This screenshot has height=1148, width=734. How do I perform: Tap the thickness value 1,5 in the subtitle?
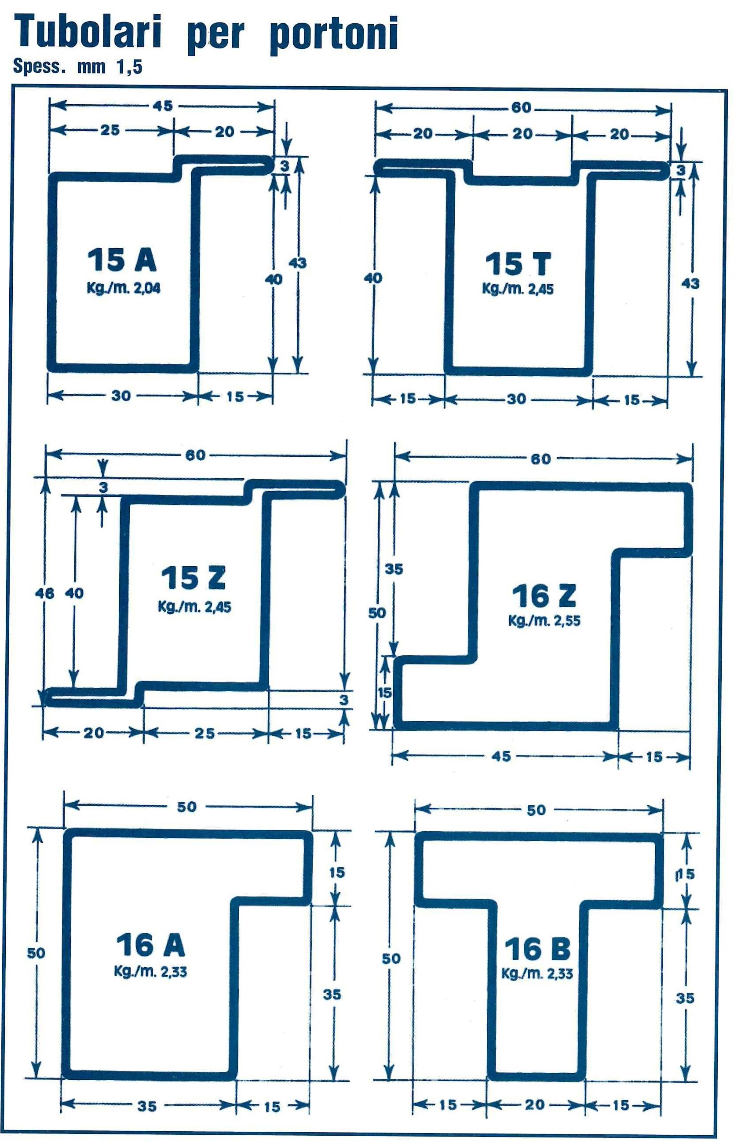tap(129, 67)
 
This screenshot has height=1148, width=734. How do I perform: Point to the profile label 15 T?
tap(518, 264)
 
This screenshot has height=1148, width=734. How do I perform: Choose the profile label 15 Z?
tap(193, 578)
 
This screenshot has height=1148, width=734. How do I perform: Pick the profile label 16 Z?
tap(544, 596)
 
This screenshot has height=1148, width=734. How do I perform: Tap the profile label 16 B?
tap(537, 949)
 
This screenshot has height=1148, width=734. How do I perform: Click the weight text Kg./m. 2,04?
tap(124, 289)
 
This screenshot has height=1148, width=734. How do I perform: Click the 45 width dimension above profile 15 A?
tap(163, 106)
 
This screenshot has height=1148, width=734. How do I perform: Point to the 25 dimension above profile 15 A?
tap(110, 130)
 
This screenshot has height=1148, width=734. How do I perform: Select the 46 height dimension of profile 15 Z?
tap(44, 593)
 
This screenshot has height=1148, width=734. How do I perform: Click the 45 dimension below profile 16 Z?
tap(501, 756)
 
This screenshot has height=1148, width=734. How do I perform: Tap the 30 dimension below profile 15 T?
tap(516, 399)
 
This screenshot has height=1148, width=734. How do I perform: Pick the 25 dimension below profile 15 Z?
tap(204, 733)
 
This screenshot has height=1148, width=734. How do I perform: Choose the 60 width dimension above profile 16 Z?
tap(540, 459)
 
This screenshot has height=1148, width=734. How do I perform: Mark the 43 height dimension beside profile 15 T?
tap(690, 284)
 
